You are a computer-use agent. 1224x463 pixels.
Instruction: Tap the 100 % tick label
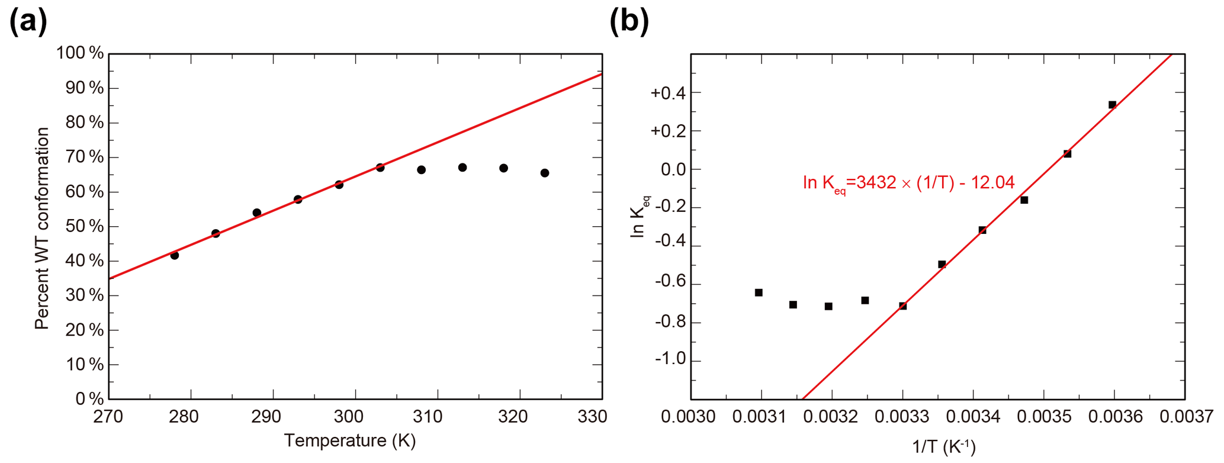[x=80, y=53]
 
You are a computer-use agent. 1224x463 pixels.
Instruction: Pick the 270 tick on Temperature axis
[x=108, y=417]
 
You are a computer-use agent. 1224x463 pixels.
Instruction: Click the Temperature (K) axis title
[x=349, y=441]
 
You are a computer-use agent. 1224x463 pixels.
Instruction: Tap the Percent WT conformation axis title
[x=41, y=229]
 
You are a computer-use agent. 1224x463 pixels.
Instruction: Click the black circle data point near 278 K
[x=175, y=255]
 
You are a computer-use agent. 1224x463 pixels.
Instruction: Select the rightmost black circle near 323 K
[x=545, y=173]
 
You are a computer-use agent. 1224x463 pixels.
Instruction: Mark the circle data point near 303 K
[x=380, y=168]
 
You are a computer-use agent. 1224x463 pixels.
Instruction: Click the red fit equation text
[x=908, y=182]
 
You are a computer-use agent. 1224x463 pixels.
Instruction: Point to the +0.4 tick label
[x=667, y=93]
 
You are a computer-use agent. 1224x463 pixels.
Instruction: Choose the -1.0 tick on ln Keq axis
[x=669, y=360]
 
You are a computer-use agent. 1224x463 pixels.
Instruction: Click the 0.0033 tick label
[x=902, y=417]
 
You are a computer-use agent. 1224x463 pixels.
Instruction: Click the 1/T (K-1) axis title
[x=944, y=447]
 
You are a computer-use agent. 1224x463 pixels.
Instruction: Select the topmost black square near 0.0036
[x=1112, y=105]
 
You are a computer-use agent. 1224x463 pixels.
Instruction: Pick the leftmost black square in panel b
[x=759, y=292]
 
